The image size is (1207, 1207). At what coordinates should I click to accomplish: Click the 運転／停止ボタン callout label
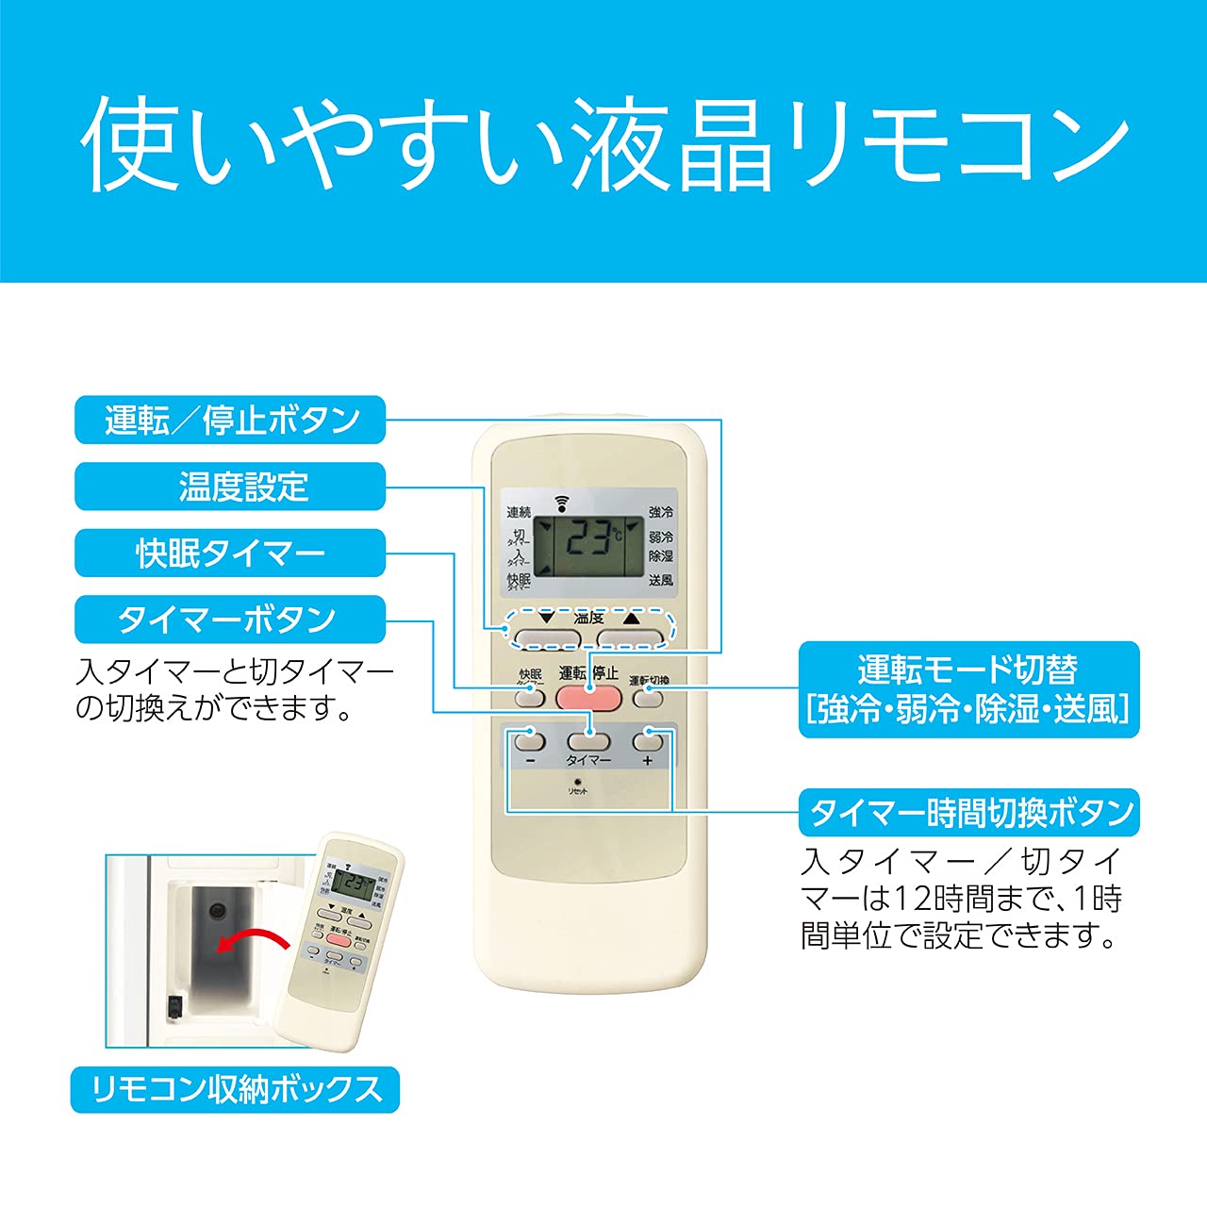coord(230,420)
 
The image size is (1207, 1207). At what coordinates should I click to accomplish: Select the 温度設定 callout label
coord(230,487)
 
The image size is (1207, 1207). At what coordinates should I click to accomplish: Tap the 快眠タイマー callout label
coord(230,553)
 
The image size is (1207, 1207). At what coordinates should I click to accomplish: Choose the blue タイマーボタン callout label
coord(230,620)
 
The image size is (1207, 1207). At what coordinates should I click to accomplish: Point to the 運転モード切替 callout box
coord(968,689)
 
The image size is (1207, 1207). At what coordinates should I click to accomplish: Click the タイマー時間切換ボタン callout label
coord(968,812)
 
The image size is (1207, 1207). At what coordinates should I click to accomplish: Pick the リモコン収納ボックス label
coord(235,1089)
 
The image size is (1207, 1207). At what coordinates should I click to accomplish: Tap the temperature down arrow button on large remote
coord(546,637)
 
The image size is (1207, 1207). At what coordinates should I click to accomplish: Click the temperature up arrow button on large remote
coord(631,637)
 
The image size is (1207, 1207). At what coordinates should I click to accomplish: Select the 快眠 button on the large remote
coord(529,698)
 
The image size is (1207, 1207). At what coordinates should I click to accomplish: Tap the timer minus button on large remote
coord(530,738)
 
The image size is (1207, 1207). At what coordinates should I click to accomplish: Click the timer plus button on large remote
coord(648,738)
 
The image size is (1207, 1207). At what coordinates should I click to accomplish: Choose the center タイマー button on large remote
coord(589,738)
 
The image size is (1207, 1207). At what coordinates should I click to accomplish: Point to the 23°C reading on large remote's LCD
coord(588,539)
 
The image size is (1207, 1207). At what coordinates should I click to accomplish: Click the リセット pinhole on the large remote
coord(577,782)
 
